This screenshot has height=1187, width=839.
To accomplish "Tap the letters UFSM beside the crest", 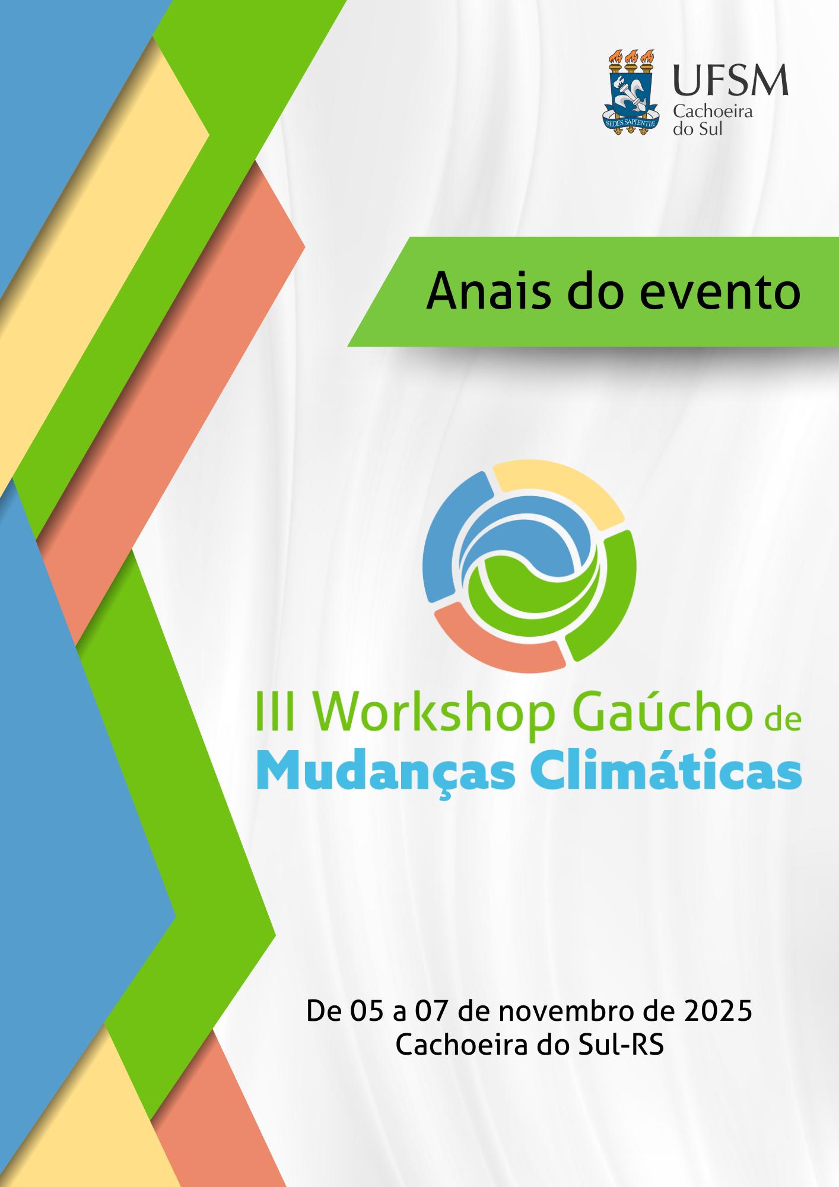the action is (x=730, y=80).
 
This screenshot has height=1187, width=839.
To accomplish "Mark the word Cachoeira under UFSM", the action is (x=712, y=112).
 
